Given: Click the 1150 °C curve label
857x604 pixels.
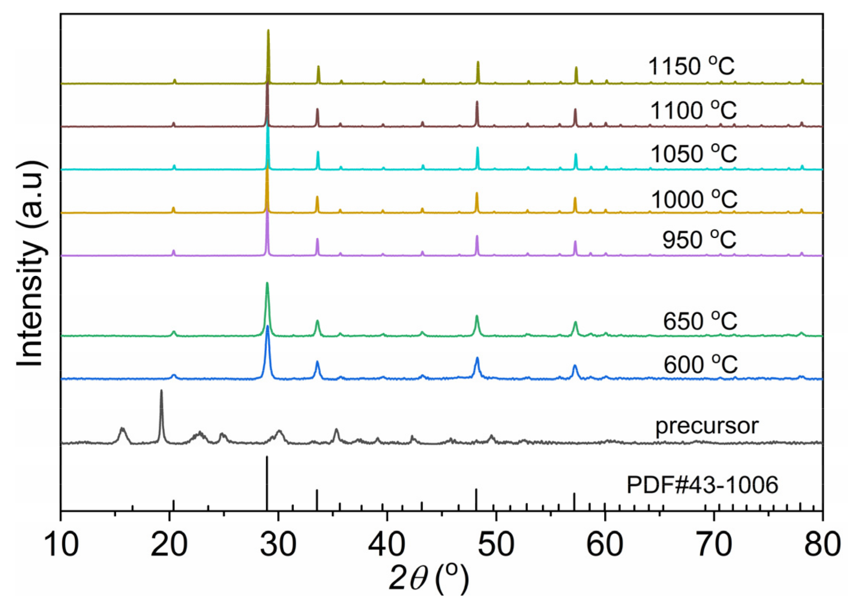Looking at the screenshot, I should pos(691,66).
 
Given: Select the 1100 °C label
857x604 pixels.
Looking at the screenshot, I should pos(693,111).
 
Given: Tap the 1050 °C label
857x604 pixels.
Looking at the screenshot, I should pos(693,154).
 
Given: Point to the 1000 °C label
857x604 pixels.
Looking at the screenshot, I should pos(694,199).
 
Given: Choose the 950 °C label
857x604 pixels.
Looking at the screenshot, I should pos(699,240).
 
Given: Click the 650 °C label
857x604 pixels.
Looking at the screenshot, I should pos(700,321).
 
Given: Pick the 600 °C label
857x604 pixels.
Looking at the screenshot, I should pos(700,364).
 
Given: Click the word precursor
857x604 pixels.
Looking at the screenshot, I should pos(707,426).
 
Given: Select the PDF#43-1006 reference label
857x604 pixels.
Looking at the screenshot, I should pos(703,485).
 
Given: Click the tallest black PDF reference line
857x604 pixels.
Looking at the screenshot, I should pos(267,484).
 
